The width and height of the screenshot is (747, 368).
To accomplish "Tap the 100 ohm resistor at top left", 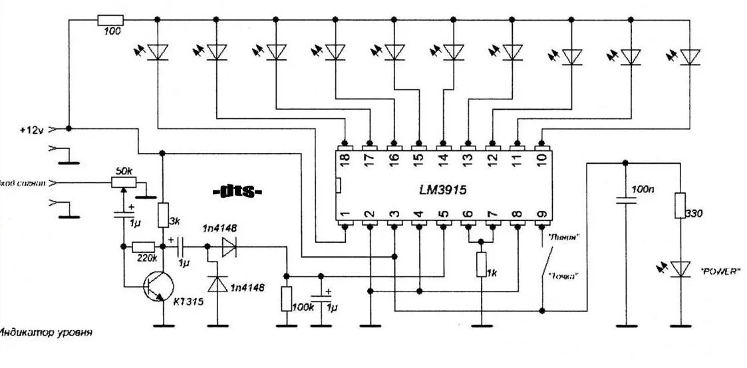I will pyautogui.click(x=108, y=19).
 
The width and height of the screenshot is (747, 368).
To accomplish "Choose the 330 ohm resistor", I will pyautogui.click(x=680, y=205).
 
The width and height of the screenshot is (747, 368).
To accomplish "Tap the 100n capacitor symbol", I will pyautogui.click(x=625, y=200).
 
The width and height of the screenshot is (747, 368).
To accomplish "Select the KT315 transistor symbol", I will pyautogui.click(x=158, y=287).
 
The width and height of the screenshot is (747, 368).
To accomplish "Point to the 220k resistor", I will pyautogui.click(x=144, y=246).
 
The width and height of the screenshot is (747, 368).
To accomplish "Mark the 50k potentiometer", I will pyautogui.click(x=122, y=181).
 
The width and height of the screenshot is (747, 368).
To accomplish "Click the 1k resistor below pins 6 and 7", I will pyautogui.click(x=479, y=265).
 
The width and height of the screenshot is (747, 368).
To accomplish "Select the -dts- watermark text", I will pyautogui.click(x=237, y=192).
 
